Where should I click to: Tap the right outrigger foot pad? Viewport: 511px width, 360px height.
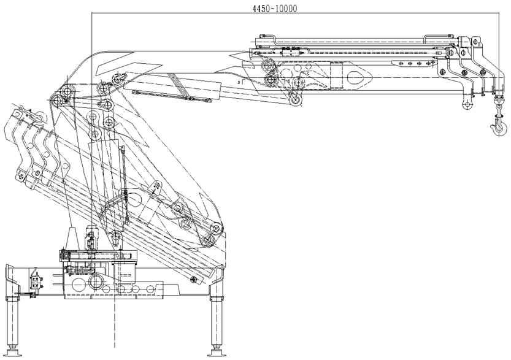click(x=217, y=354)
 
